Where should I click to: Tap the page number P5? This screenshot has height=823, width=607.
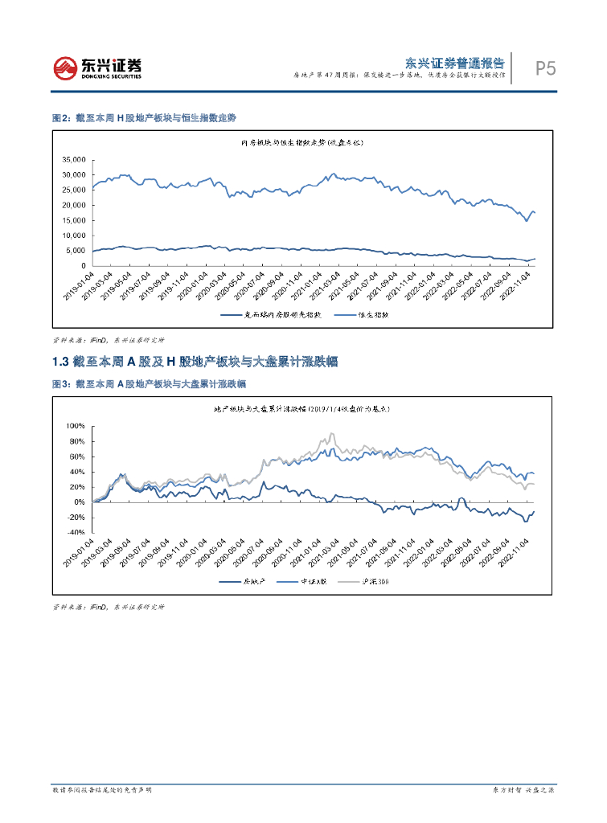tap(545, 69)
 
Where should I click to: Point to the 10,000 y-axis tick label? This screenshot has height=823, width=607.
tap(73, 235)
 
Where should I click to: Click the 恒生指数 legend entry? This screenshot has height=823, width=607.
tap(371, 316)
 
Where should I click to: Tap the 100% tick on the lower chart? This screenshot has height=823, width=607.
tap(75, 426)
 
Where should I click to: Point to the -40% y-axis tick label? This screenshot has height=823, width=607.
tap(75, 533)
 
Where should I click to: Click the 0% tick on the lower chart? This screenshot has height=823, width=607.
tap(79, 502)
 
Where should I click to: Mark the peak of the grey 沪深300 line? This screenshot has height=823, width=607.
tap(331, 435)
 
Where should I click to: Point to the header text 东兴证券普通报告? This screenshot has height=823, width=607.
tap(454, 62)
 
